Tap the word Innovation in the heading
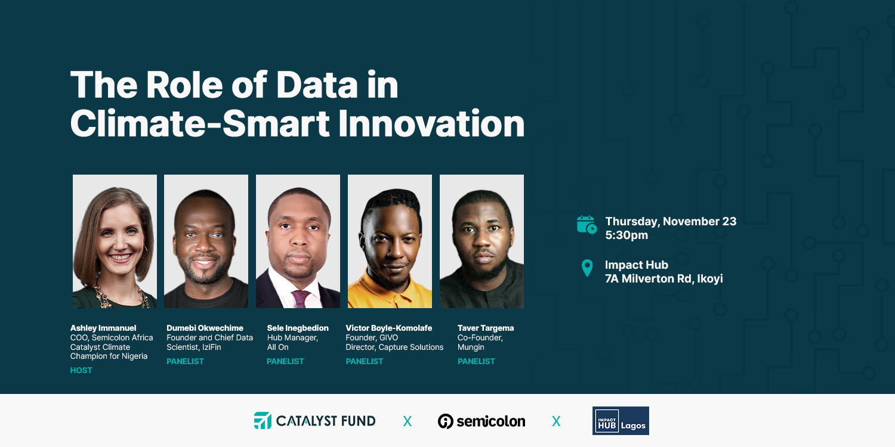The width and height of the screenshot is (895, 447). [x=431, y=123]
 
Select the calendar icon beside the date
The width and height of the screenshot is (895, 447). [x=587, y=224]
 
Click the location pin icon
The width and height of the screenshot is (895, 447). [x=587, y=268]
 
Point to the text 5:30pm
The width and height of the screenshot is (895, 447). [x=626, y=235]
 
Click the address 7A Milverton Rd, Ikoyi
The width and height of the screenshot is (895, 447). [x=663, y=278]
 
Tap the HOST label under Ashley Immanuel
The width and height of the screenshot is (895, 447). [x=81, y=370]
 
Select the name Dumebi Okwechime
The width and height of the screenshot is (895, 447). [x=205, y=328]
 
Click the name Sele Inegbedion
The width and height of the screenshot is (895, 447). [x=298, y=328]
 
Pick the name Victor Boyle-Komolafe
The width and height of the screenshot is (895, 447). [x=389, y=328]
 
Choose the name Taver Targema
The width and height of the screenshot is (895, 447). [x=486, y=328]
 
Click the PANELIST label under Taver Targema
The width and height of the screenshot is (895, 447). [x=476, y=361]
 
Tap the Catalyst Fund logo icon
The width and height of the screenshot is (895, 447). [x=263, y=421]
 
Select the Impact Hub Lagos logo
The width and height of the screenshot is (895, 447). [x=621, y=421]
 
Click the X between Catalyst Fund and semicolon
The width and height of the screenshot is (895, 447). [x=407, y=421]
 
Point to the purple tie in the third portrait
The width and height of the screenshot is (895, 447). [x=301, y=299]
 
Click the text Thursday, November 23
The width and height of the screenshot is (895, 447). [x=671, y=222]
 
